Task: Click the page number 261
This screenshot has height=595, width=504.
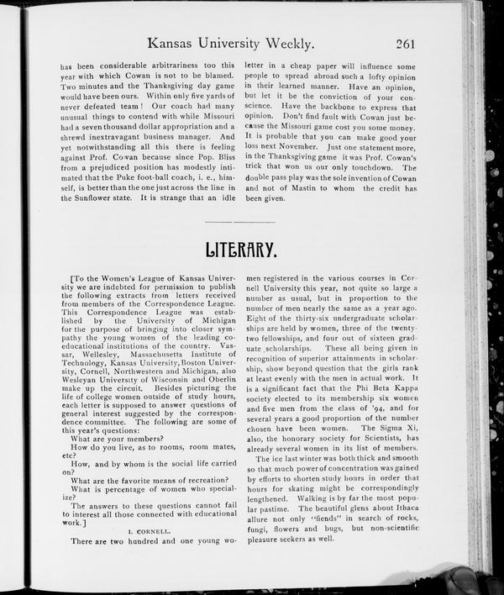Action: (x=401, y=43)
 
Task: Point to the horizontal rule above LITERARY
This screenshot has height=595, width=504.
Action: (x=239, y=222)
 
